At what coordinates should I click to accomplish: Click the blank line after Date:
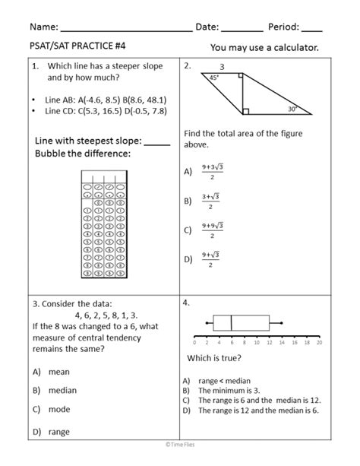coord(243,29)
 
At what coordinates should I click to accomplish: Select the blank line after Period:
coord(311,29)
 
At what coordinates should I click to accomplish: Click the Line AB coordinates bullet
coord(106,100)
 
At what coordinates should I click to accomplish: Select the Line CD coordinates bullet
coord(106,111)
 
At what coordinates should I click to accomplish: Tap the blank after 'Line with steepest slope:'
coord(156,143)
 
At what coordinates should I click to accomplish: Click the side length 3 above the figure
coord(222,66)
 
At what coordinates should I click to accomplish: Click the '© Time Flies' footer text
coord(180,458)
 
